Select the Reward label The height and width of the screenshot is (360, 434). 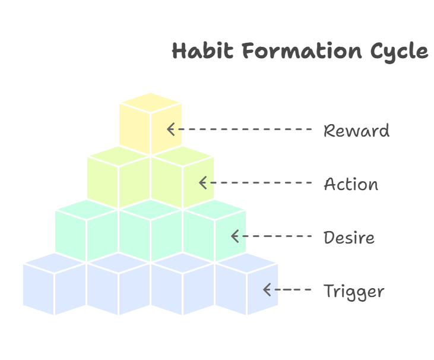pyautogui.click(x=356, y=131)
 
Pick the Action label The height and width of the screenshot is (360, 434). pyautogui.click(x=351, y=184)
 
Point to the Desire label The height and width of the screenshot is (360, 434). pyautogui.click(x=349, y=238)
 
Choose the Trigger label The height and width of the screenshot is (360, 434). pyautogui.click(x=354, y=292)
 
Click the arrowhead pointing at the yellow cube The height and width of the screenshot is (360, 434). pyautogui.click(x=170, y=129)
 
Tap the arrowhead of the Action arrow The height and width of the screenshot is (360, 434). pyautogui.click(x=202, y=182)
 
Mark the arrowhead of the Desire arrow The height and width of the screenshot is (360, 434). pyautogui.click(x=235, y=236)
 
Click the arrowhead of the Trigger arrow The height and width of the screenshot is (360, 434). pyautogui.click(x=267, y=290)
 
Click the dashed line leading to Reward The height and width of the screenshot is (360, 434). pyautogui.click(x=243, y=129)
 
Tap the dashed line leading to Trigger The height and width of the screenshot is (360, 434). pyautogui.click(x=292, y=290)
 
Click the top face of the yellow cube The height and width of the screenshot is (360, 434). pyautogui.click(x=150, y=102)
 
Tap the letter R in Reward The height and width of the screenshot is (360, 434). pyautogui.click(x=328, y=131)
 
